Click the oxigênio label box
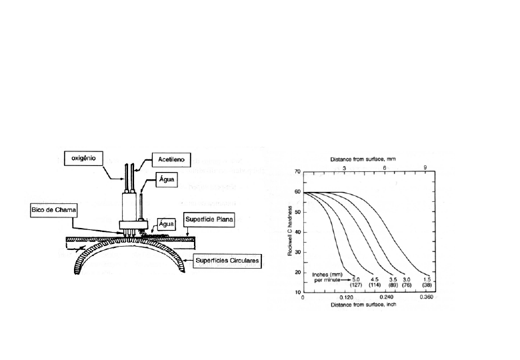pyautogui.click(x=86, y=159)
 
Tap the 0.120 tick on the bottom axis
pyautogui.click(x=345, y=298)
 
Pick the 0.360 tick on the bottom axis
pyautogui.click(x=427, y=298)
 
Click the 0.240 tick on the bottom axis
pyautogui.click(x=385, y=298)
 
